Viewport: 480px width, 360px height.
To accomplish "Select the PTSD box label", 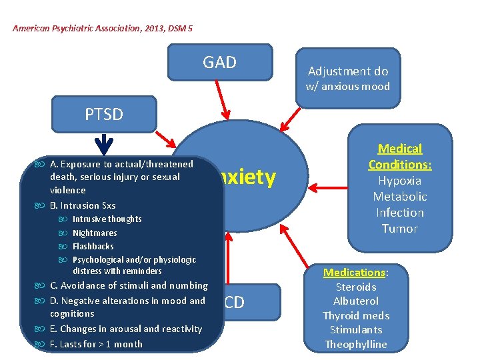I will tap(104, 114).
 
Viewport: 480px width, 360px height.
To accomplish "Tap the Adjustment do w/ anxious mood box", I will tap(347, 78).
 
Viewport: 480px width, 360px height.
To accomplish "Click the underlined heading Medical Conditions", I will tap(400, 157).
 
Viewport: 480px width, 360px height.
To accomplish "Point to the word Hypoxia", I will tap(400, 181).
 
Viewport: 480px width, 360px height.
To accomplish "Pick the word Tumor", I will tap(400, 229).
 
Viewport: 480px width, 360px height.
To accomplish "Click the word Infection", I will tap(400, 213).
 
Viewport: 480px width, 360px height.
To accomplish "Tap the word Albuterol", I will tap(356, 301).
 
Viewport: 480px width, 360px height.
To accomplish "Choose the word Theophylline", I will tap(356, 344).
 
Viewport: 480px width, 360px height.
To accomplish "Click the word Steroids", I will tap(356, 287).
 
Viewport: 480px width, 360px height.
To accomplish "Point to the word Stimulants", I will tap(356, 330).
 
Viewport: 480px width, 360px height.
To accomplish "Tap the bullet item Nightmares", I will tap(95, 233).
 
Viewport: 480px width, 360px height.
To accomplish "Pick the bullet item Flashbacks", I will tap(93, 246).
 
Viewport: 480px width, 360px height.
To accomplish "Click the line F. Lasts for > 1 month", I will tap(96, 344).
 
